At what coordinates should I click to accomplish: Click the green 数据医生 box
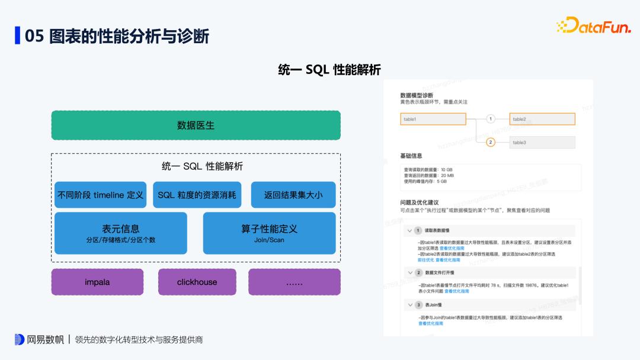click(196, 126)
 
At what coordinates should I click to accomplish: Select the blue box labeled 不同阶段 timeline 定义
click(100, 195)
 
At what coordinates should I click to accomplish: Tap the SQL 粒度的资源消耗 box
click(197, 195)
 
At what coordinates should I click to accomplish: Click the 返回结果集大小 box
click(293, 195)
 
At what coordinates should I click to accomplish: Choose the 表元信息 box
click(121, 233)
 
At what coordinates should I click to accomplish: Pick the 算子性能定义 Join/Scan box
click(270, 233)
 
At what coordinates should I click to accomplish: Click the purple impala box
click(97, 282)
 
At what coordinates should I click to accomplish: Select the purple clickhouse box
click(197, 282)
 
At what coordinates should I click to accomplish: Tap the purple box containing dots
click(294, 282)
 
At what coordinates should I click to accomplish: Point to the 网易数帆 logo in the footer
click(40, 340)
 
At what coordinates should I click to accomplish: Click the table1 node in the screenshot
click(433, 119)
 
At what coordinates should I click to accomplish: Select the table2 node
click(542, 119)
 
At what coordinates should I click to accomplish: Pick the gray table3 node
click(542, 142)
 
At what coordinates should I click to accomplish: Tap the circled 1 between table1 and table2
click(490, 119)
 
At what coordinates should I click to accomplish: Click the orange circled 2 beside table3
click(490, 142)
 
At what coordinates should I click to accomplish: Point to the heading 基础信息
click(411, 156)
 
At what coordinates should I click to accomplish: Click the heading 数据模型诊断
click(417, 95)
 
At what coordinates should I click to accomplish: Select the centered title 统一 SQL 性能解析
click(329, 70)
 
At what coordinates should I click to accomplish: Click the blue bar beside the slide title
click(17, 36)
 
